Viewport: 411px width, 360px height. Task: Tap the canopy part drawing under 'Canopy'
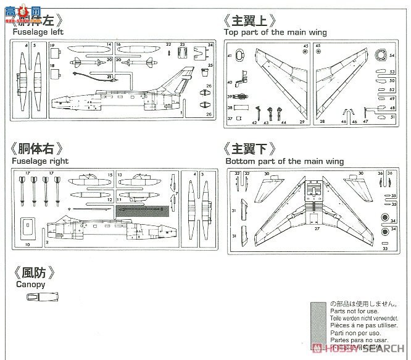39,297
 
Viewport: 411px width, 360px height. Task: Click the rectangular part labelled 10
27,229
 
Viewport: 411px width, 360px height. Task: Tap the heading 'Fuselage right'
38,161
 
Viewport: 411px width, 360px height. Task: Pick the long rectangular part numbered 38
242,107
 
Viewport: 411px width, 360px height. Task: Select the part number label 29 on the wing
302,122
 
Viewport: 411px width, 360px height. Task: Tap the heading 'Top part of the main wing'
275,31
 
